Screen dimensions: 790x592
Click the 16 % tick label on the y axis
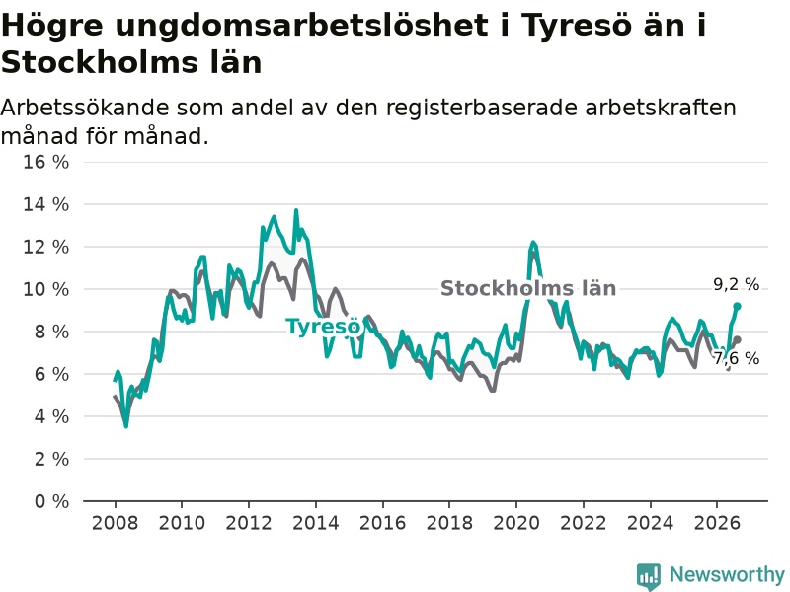tap(45, 162)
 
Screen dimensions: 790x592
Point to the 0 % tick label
tap(51, 501)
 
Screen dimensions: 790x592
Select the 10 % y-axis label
tap(45, 289)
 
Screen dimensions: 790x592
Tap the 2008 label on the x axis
tap(115, 523)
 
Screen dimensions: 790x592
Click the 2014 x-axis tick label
tap(316, 523)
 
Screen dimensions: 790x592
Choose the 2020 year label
tap(516, 523)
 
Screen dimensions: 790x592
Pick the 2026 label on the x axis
tap(717, 523)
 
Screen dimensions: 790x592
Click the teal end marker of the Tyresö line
tap(737, 306)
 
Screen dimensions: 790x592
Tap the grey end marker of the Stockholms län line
tap(737, 339)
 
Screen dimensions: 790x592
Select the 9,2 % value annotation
tap(736, 284)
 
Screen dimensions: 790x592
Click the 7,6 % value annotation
tap(736, 358)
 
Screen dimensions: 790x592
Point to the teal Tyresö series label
tap(324, 328)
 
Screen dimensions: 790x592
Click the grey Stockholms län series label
tap(528, 288)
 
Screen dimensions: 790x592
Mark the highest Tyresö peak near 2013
tap(296, 210)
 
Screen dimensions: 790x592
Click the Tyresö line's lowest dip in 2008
tap(126, 426)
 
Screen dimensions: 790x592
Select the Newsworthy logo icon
tap(649, 575)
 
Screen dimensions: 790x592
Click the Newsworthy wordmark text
tap(727, 574)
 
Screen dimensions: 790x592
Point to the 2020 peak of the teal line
tap(533, 243)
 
